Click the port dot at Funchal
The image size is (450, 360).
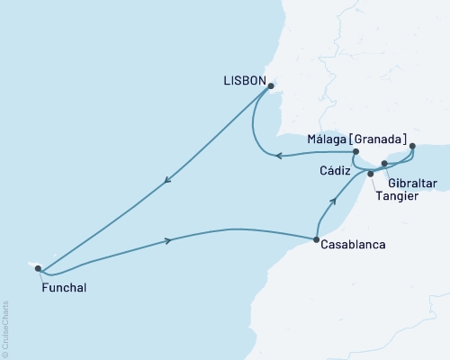coord(37,267)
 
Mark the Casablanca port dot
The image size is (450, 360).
coord(315,239)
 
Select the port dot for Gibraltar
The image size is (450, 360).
coord(384,164)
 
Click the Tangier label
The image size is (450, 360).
coord(398,197)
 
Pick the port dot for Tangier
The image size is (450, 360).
coord(371,173)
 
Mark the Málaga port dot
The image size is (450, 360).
coord(412,146)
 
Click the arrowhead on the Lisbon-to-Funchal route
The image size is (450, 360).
coord(166,183)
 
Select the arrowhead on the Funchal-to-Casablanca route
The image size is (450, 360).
coord(167,240)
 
